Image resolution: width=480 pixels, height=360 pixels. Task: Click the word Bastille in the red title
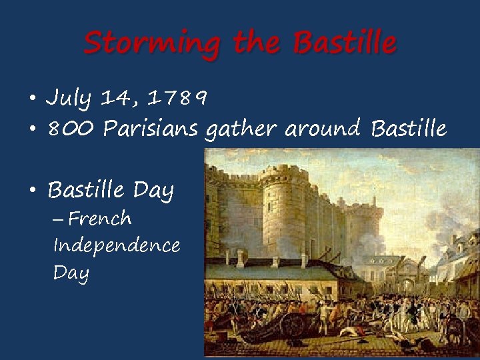[x=345, y=43]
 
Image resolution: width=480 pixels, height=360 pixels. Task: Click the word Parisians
[x=151, y=128]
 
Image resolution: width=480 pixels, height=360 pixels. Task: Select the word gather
[x=241, y=129]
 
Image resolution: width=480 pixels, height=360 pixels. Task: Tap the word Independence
[x=117, y=245]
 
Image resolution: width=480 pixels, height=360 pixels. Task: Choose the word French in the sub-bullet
[x=100, y=219]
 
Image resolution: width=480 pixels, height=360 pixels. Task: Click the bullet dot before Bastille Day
[x=32, y=191]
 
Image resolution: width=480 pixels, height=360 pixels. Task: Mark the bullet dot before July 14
[x=32, y=99]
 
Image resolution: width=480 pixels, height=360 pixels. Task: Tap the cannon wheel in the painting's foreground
[x=294, y=325]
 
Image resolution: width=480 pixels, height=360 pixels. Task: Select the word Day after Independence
[x=71, y=273]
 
